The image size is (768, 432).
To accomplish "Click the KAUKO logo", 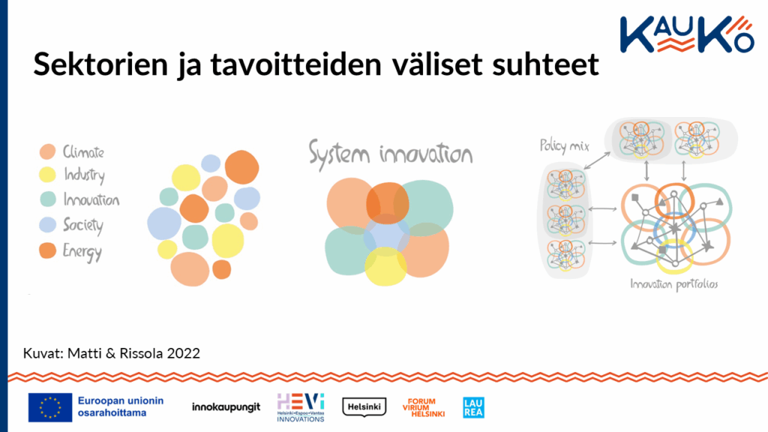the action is point(687,34).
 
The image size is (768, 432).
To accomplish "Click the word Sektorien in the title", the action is point(101,64).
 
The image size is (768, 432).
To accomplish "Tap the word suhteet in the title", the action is point(546,64).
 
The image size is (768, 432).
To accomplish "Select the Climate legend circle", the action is point(47,151).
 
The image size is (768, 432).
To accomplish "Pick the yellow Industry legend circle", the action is point(47,175).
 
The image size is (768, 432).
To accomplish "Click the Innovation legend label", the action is point(91,199).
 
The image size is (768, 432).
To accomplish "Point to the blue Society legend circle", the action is point(47,224).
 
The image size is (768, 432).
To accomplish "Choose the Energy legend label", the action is point(82,252).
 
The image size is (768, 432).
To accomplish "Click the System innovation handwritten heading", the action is point(390,154).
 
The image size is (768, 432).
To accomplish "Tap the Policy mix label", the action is point(564,146).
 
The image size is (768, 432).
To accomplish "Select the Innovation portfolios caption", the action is point(674,284).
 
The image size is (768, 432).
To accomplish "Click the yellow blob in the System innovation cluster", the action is point(385,267).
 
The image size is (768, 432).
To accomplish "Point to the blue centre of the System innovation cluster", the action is point(386,235).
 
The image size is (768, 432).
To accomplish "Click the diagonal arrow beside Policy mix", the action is point(597,161).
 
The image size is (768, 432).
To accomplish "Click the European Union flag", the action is point(50,407).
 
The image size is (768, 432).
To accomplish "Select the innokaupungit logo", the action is point(226,407).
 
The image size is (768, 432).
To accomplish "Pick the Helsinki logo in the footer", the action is point(364,407).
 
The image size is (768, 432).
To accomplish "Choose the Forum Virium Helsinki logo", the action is point(424,407).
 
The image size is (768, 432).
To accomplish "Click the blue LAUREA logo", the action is point(474,407).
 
